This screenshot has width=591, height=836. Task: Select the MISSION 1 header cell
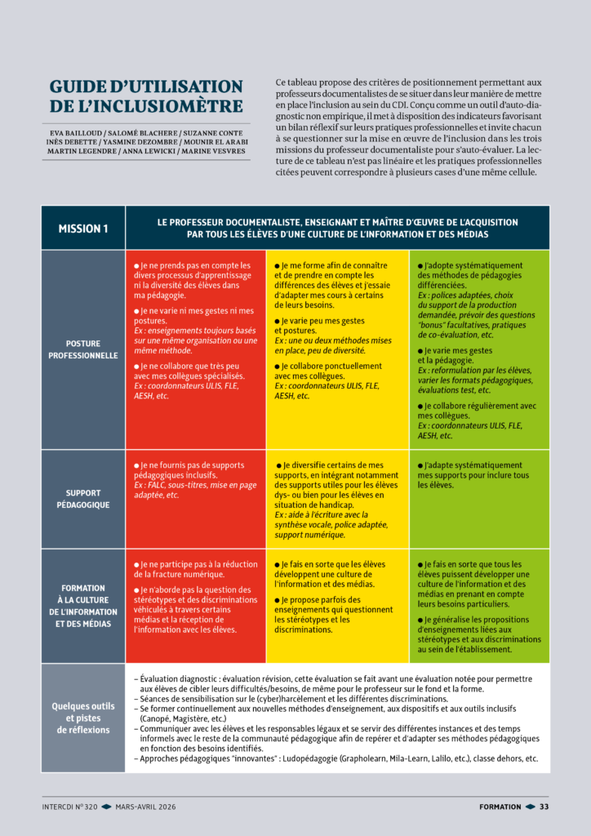tap(83, 229)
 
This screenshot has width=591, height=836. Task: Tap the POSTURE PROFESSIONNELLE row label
tap(83, 349)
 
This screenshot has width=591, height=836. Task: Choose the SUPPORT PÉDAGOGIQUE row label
tap(83, 499)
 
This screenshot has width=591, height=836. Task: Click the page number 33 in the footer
tap(544, 807)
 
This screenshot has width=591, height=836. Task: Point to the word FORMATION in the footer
tap(500, 807)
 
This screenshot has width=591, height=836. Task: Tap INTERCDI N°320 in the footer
tap(70, 807)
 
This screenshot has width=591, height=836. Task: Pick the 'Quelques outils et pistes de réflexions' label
tap(83, 718)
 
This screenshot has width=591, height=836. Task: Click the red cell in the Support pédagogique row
tap(196, 499)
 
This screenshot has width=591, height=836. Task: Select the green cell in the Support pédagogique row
tap(479, 499)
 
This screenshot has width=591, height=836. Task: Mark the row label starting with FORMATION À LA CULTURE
tap(83, 605)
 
